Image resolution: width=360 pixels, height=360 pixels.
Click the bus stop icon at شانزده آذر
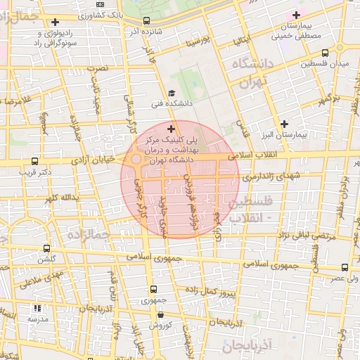coord(146,21)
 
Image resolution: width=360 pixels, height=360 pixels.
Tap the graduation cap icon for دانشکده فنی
coord(172,93)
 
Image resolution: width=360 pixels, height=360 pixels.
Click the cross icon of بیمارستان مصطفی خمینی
coord(296,15)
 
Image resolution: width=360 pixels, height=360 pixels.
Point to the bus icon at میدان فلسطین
coord(325,53)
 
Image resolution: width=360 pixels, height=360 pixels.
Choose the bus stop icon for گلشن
coord(46,248)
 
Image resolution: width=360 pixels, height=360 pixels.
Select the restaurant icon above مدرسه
coord(37,308)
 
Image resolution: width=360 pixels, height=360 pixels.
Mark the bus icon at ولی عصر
coord(345,267)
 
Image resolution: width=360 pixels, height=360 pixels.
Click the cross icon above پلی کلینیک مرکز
coord(171,129)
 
